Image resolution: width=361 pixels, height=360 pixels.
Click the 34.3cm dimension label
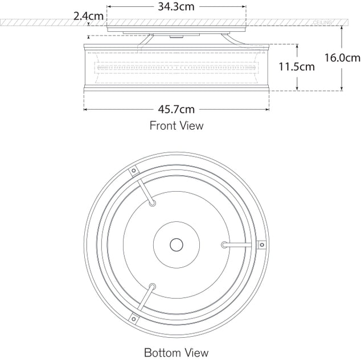click(176, 7)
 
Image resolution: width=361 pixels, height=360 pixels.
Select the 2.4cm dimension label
click(88, 16)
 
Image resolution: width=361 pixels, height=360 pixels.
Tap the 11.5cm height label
click(296, 67)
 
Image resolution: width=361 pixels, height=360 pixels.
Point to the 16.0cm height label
click(342, 57)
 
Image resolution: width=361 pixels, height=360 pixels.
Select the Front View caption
click(176, 125)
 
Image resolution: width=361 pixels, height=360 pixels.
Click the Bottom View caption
click(176, 352)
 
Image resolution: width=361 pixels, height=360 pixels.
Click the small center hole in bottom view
click(176, 245)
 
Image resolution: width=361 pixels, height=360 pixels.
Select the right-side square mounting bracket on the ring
click(262, 245)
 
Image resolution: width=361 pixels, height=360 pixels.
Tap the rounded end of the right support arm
click(224, 245)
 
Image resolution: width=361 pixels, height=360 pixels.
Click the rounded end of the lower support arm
click(151, 287)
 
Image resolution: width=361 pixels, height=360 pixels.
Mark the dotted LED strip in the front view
click(176, 68)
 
